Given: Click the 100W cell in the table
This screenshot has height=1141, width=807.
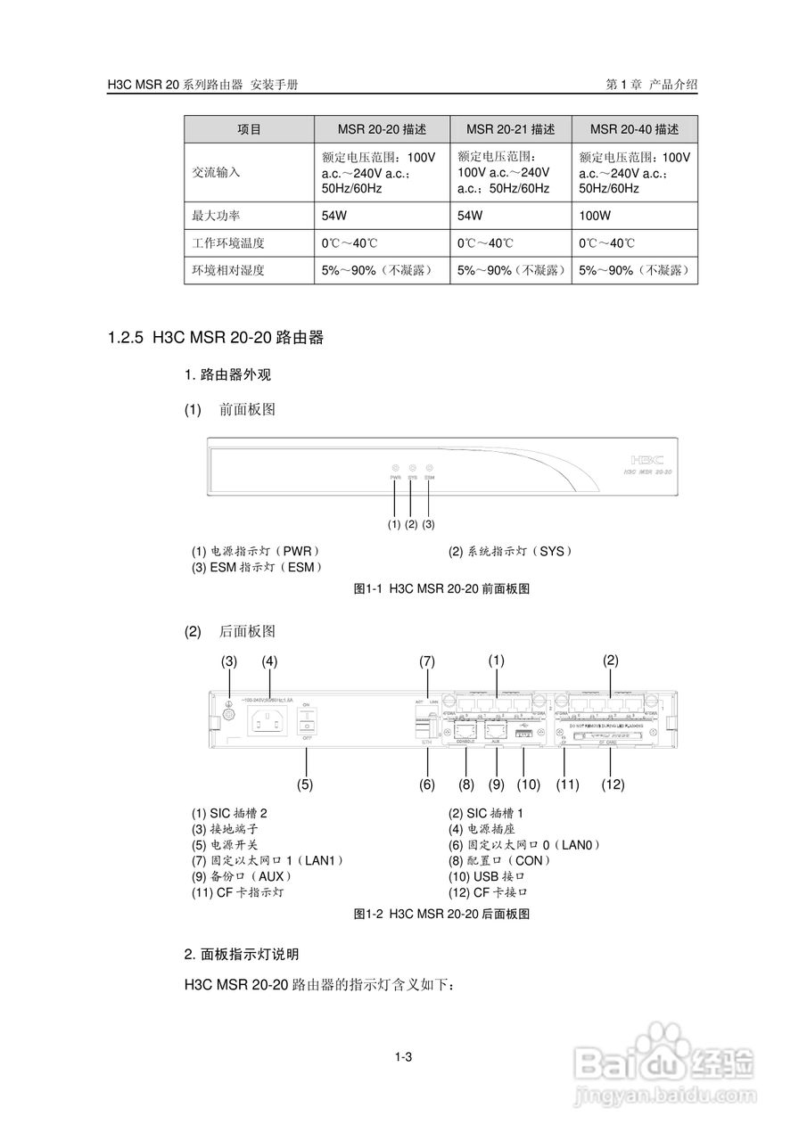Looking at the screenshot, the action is (x=595, y=216).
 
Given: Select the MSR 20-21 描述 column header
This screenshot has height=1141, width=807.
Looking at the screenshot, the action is (x=511, y=129).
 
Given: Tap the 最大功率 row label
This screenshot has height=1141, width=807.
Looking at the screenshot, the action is (x=217, y=216).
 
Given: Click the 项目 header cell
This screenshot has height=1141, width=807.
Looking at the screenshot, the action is (x=250, y=129).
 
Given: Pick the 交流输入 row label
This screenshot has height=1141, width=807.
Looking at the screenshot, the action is (x=217, y=172).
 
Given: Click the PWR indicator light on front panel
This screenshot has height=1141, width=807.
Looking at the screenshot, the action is (x=394, y=467).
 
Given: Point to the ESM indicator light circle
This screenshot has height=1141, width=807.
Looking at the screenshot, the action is (x=429, y=467).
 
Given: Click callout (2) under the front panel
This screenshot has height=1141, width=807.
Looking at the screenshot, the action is (x=411, y=524).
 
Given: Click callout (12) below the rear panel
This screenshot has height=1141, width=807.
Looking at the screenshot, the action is (x=612, y=784).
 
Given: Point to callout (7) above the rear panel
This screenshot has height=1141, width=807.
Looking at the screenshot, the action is (x=427, y=661).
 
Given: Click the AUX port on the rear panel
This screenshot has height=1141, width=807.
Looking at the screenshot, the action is (x=496, y=728).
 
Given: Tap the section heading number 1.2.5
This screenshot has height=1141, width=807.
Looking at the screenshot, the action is (x=125, y=338).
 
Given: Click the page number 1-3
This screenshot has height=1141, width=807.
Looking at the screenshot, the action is (x=403, y=1057).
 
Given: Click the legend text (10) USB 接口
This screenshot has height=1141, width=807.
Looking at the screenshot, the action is (x=487, y=876).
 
